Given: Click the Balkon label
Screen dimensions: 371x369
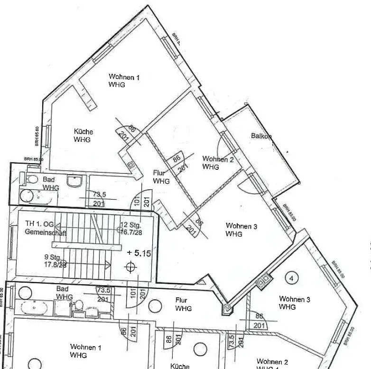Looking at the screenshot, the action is tap(261, 136).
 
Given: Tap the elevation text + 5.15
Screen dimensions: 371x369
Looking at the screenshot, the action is tap(139, 254).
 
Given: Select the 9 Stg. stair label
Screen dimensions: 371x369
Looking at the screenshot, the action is tap(52, 258).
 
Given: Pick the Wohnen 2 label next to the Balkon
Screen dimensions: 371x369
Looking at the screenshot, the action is tap(218, 163).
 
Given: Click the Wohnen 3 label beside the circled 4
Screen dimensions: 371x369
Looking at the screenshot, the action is tap(294, 303).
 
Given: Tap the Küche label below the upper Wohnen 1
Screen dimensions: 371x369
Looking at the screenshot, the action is tap(83, 136).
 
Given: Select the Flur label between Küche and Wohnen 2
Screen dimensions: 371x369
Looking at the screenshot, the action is tap(161, 177).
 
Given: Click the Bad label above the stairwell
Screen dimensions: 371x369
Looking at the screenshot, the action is tap(49, 184).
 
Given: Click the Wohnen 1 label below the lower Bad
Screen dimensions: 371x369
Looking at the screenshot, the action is tap(85, 351).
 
